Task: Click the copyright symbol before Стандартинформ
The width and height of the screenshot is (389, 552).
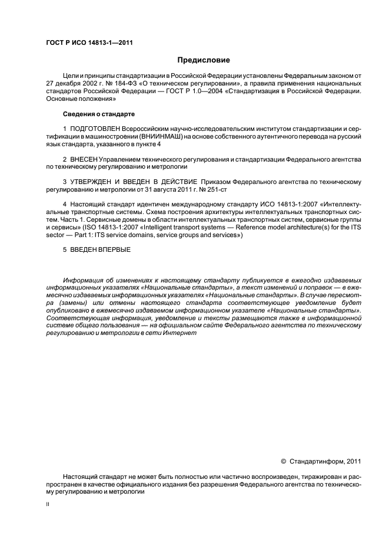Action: tap(284, 462)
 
